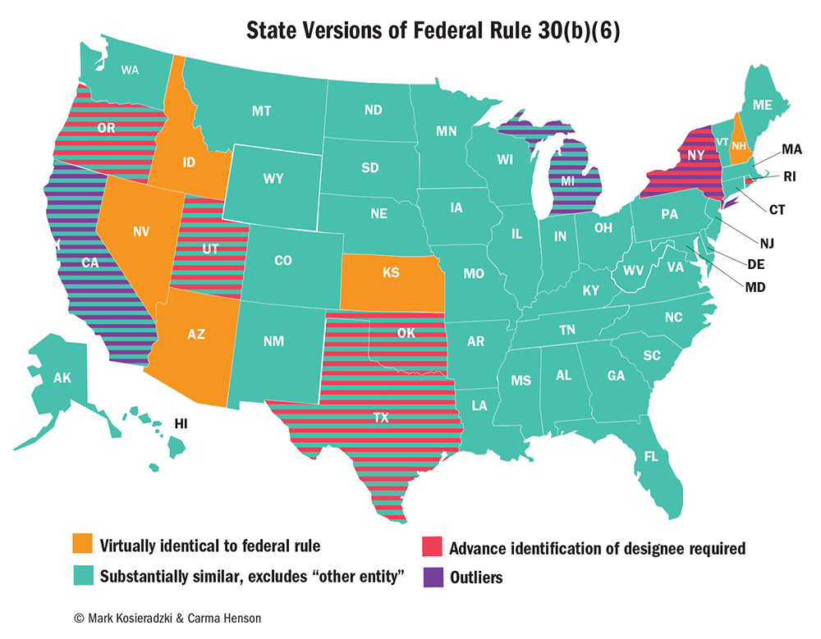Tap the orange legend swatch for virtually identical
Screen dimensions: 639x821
[83, 545]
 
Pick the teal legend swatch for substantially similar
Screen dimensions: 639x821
[83, 576]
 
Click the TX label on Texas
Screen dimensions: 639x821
[381, 418]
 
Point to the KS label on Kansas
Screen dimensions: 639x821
[392, 272]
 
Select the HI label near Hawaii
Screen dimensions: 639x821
[181, 423]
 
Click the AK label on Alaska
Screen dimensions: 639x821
[62, 378]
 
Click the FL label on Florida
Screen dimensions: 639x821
[651, 456]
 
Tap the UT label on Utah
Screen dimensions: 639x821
[210, 249]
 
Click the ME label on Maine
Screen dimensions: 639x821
[763, 104]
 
